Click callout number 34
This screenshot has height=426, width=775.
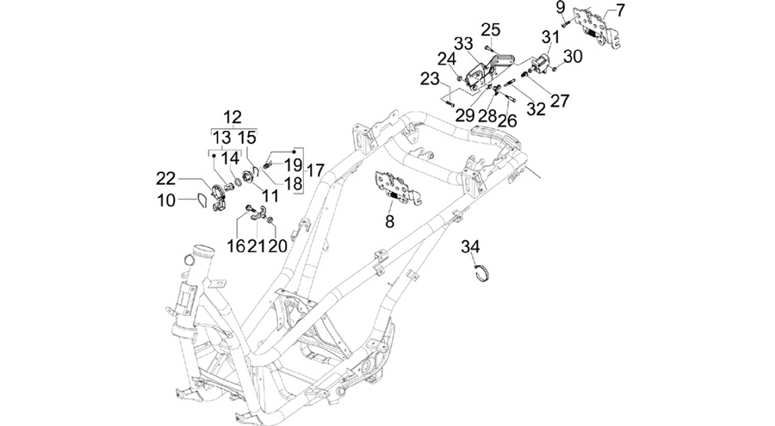click(x=470, y=246)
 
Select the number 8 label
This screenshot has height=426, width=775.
click(x=390, y=222)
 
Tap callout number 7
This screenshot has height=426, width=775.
click(x=620, y=9)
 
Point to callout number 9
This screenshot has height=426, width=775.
click(x=560, y=8)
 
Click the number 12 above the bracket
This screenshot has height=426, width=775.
click(x=232, y=117)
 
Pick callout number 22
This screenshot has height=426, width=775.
click(x=166, y=178)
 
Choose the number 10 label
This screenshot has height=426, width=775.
click(x=167, y=201)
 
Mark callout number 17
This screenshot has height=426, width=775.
click(x=315, y=170)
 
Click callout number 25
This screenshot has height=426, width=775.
click(x=491, y=29)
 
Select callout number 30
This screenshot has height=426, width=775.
click(x=573, y=56)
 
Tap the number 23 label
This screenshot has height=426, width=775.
click(x=430, y=78)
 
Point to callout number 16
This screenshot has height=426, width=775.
click(x=236, y=245)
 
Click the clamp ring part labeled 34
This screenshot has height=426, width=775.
click(x=480, y=274)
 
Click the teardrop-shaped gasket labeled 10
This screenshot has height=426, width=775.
click(x=200, y=201)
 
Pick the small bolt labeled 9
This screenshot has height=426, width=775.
click(x=566, y=22)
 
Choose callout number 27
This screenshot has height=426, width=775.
click(x=560, y=101)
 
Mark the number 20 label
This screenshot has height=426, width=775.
click(x=277, y=245)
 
